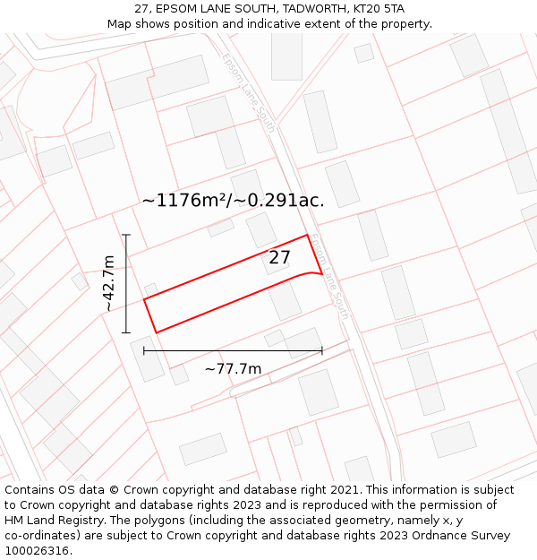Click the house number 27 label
[x=280, y=258]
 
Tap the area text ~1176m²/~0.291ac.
[x=233, y=201]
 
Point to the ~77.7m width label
[x=233, y=368]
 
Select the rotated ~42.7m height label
[x=108, y=284]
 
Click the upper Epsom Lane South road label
[x=248, y=92]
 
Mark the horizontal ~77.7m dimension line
[x=233, y=350]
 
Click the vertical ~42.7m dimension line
[x=127, y=284]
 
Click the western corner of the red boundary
[x=144, y=299]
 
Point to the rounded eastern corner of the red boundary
[x=317, y=272]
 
